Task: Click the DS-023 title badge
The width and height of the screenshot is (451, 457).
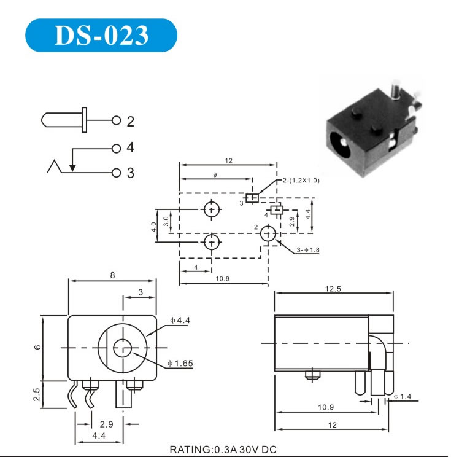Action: pyautogui.click(x=101, y=35)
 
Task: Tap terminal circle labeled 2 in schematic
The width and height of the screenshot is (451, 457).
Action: pyautogui.click(x=116, y=120)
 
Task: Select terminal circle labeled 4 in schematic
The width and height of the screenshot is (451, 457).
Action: pyautogui.click(x=116, y=149)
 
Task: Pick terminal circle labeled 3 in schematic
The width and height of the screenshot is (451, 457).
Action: pyautogui.click(x=116, y=173)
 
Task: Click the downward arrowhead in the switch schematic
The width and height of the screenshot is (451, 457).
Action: pyautogui.click(x=72, y=168)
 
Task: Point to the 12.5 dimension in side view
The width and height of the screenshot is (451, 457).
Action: pyautogui.click(x=333, y=289)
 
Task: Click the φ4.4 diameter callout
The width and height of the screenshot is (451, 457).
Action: pyautogui.click(x=180, y=320)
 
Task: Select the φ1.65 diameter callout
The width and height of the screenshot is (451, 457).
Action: pyautogui.click(x=180, y=364)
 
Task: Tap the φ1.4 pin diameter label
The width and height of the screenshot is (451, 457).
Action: pyautogui.click(x=403, y=396)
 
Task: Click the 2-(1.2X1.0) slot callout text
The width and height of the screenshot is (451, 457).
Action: pyautogui.click(x=301, y=181)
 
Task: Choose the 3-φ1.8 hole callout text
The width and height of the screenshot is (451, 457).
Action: pyautogui.click(x=308, y=250)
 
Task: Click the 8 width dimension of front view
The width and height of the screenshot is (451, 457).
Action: pyautogui.click(x=112, y=275)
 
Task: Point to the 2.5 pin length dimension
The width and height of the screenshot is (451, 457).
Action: pyautogui.click(x=37, y=394)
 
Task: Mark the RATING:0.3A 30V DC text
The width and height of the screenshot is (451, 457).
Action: pyautogui.click(x=223, y=449)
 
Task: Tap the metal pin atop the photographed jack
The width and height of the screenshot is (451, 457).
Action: pyautogui.click(x=396, y=89)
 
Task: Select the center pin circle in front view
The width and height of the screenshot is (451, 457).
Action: pyautogui.click(x=122, y=348)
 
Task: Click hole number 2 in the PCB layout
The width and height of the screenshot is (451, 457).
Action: pyautogui.click(x=268, y=233)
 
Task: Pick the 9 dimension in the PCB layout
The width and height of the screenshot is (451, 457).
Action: pyautogui.click(x=215, y=175)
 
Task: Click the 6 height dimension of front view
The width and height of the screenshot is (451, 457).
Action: pyautogui.click(x=37, y=348)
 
